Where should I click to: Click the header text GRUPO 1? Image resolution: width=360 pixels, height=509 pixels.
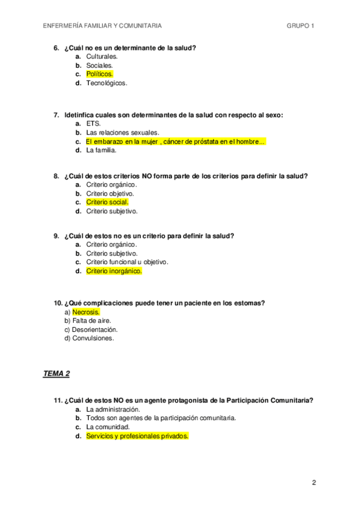pyautogui.click(x=301, y=26)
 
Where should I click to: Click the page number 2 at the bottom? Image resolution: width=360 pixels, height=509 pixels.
pyautogui.click(x=314, y=482)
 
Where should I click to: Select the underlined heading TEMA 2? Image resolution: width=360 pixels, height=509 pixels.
pyautogui.click(x=56, y=374)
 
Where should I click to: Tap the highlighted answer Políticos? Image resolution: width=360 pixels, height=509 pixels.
pyautogui.click(x=100, y=74)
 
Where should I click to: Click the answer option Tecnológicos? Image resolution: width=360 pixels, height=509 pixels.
pyautogui.click(x=107, y=83)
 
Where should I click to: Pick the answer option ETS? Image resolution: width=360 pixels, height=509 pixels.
pyautogui.click(x=93, y=124)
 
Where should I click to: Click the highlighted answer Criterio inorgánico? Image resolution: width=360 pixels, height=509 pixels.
pyautogui.click(x=114, y=271)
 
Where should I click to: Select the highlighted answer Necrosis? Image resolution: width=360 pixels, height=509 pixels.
pyautogui.click(x=86, y=312)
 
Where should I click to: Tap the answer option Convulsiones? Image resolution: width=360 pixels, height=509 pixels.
pyautogui.click(x=92, y=338)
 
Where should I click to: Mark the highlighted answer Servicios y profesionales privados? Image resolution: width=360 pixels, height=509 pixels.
pyautogui.click(x=137, y=436)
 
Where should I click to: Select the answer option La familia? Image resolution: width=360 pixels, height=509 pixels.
pyautogui.click(x=101, y=150)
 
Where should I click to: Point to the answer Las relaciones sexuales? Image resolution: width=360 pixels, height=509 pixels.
pyautogui.click(x=122, y=132)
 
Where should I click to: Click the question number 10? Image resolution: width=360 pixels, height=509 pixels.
pyautogui.click(x=58, y=303)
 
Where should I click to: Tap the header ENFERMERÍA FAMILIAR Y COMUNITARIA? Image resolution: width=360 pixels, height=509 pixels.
pyautogui.click(x=103, y=26)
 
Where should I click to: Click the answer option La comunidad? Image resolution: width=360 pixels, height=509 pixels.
pyautogui.click(x=108, y=427)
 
